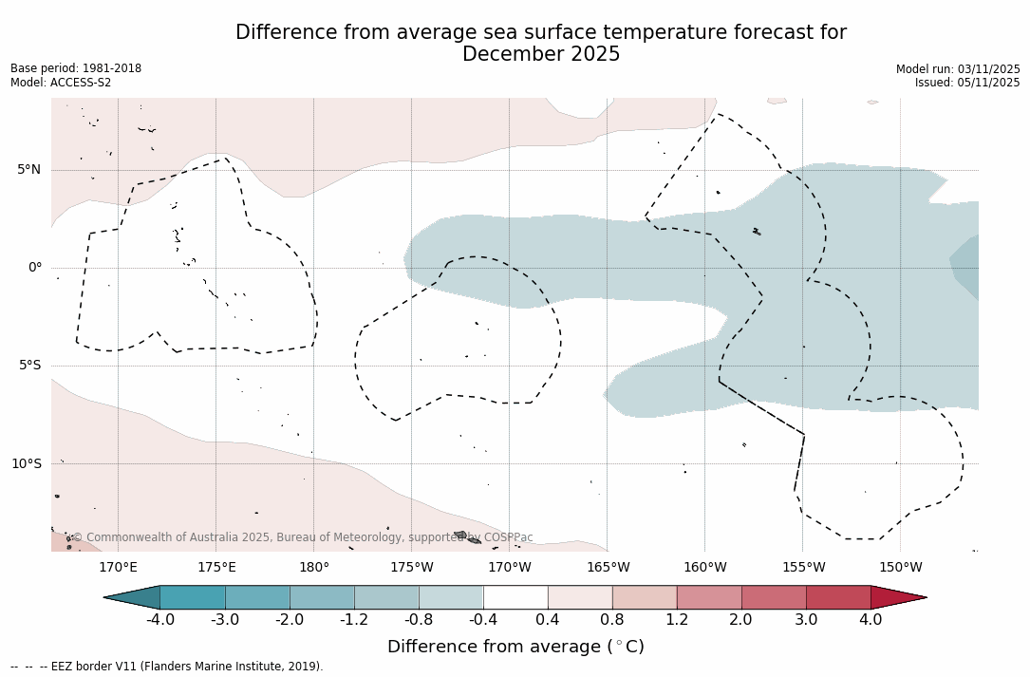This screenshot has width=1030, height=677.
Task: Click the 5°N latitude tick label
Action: (x=28, y=170)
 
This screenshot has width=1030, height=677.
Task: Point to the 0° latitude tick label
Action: (x=35, y=268)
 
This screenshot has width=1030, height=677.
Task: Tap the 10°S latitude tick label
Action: (x=26, y=464)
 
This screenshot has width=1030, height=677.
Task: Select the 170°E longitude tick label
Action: (x=118, y=568)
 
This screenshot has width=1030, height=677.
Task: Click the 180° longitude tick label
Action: (x=314, y=568)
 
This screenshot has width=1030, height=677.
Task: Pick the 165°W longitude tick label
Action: (x=608, y=568)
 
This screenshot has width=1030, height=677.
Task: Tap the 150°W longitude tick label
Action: (x=900, y=568)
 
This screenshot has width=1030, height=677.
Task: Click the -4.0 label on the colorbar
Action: (x=159, y=620)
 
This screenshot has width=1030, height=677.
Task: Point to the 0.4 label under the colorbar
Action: (x=548, y=620)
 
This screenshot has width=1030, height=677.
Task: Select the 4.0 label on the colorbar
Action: (x=871, y=620)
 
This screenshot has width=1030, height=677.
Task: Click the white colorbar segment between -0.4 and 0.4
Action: (x=515, y=597)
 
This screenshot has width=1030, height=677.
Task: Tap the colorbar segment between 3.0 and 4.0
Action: (x=838, y=597)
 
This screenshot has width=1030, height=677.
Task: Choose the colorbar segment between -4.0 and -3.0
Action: (x=193, y=597)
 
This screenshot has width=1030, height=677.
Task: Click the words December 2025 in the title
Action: (x=541, y=55)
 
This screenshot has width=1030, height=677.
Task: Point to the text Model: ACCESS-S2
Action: (x=61, y=83)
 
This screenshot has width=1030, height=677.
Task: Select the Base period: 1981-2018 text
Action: (x=76, y=68)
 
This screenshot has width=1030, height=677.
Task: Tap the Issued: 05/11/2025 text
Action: (x=967, y=83)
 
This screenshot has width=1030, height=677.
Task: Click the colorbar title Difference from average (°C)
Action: (x=515, y=647)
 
